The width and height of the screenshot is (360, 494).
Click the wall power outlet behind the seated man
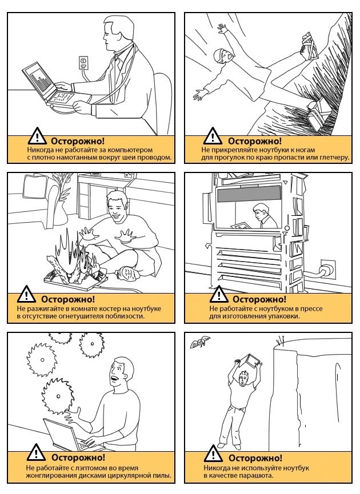83,62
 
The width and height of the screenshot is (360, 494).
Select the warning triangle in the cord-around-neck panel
37,136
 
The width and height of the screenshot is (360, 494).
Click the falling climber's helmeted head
223,57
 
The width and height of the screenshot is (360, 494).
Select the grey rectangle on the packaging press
249,194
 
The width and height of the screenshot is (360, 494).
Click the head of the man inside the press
261,211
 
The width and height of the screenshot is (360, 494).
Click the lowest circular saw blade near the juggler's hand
57,396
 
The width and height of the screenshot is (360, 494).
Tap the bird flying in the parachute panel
199,342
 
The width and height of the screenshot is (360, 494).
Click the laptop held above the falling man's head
251,362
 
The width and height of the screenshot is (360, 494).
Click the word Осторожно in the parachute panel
255,458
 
